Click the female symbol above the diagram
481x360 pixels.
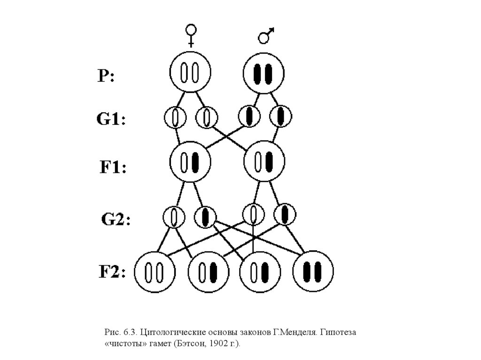(191, 36)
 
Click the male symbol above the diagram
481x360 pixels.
(266, 35)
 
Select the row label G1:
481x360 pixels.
(111, 119)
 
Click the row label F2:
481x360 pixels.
(112, 272)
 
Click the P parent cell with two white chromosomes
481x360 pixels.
(190, 74)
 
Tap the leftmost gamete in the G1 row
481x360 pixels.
(175, 117)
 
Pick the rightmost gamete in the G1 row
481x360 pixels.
(280, 116)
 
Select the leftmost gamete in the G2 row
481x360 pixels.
(174, 217)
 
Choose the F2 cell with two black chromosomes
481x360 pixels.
(313, 271)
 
